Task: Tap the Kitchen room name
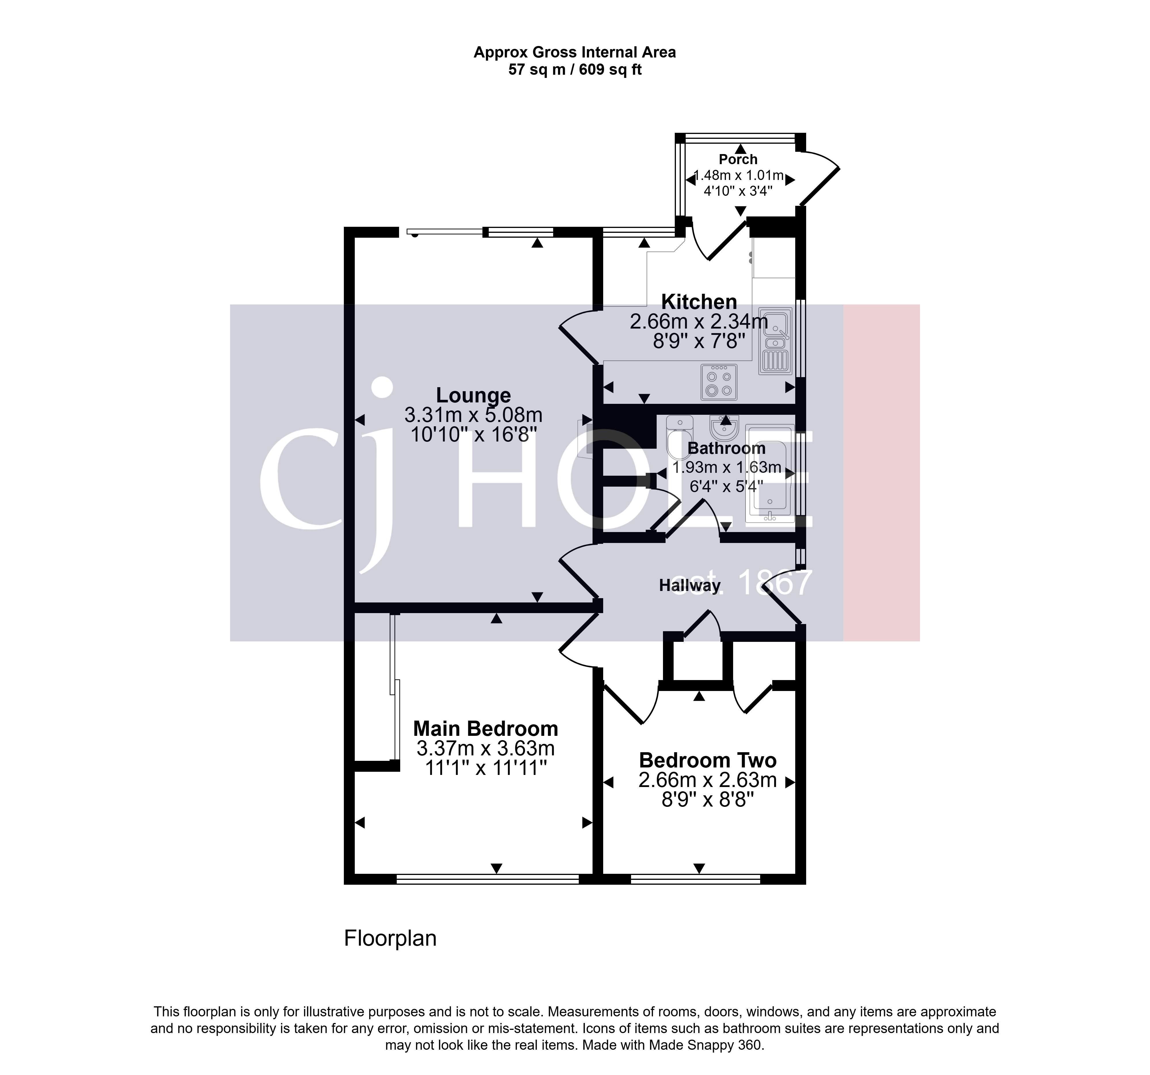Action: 699,302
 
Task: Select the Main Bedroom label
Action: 485,729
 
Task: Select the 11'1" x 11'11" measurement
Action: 485,768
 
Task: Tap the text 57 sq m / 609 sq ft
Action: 575,70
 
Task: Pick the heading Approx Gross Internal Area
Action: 575,53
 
